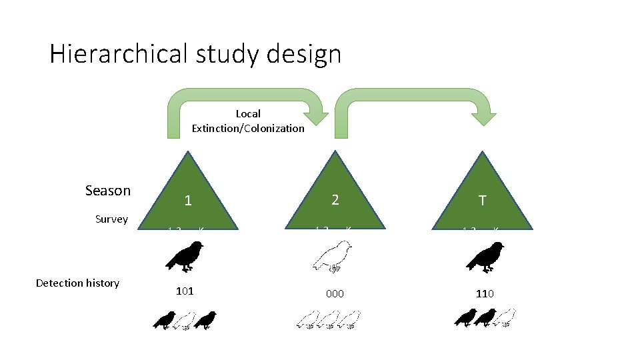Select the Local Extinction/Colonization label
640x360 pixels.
(x=248, y=121)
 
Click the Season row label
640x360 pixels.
(x=108, y=191)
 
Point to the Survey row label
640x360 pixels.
(x=111, y=219)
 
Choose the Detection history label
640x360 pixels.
(x=77, y=283)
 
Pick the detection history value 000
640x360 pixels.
(x=335, y=293)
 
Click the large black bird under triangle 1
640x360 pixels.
(x=186, y=257)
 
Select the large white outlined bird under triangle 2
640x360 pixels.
(x=334, y=257)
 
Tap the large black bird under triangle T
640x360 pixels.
(x=485, y=257)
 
